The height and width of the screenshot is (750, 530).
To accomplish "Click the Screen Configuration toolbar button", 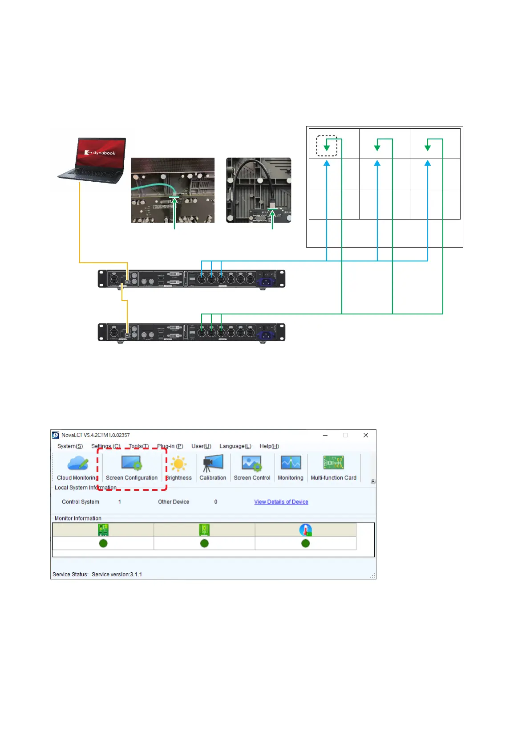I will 132,468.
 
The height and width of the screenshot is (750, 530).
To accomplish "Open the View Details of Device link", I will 281,502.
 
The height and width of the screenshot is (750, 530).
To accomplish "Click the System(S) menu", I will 70,446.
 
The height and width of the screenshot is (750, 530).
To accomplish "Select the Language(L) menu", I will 235,446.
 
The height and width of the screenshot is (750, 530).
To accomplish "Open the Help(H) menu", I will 269,446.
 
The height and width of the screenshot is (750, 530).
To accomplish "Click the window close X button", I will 366,435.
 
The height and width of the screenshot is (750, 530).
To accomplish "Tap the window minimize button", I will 325,435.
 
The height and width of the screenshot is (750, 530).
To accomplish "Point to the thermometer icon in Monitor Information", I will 305,530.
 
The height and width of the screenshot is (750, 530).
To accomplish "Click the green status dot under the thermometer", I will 305,543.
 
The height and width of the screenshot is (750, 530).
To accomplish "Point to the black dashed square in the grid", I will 327,146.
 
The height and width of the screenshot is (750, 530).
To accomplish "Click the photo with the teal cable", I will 173,190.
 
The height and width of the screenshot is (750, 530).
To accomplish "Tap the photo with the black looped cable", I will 259,190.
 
